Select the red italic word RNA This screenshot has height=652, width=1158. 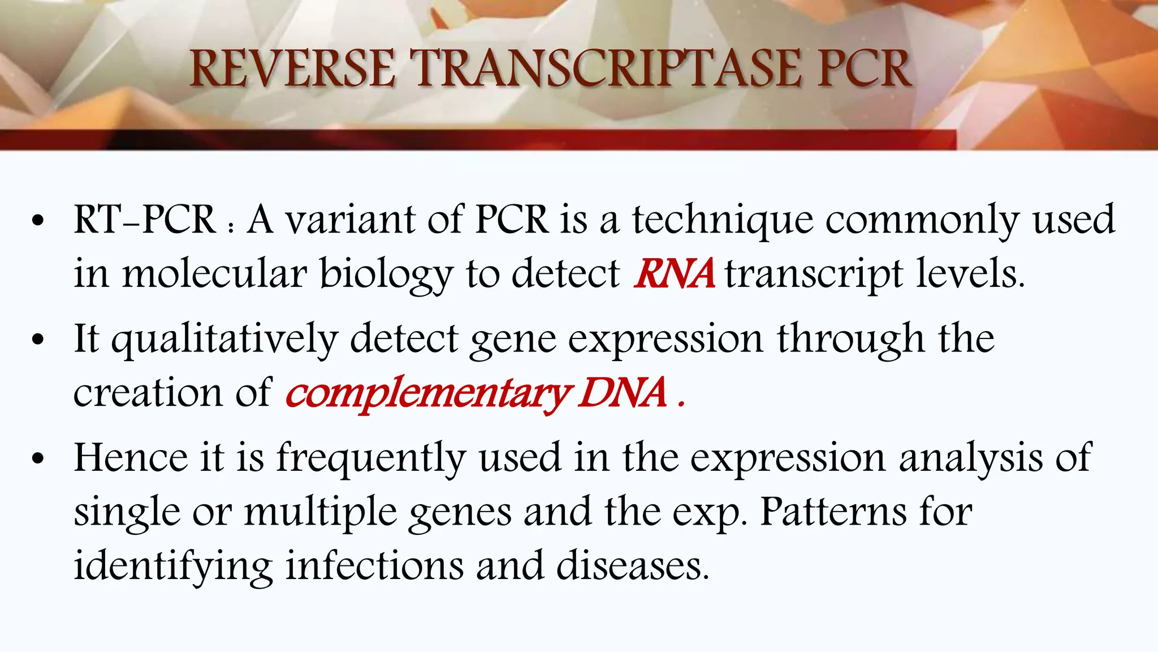[x=674, y=274]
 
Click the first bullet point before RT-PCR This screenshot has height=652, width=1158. [x=38, y=221]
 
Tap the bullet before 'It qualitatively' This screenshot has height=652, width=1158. [x=38, y=340]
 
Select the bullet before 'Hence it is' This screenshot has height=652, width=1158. [x=38, y=459]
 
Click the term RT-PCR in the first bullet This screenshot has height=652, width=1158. [x=145, y=220]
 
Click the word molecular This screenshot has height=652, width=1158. [x=214, y=274]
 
